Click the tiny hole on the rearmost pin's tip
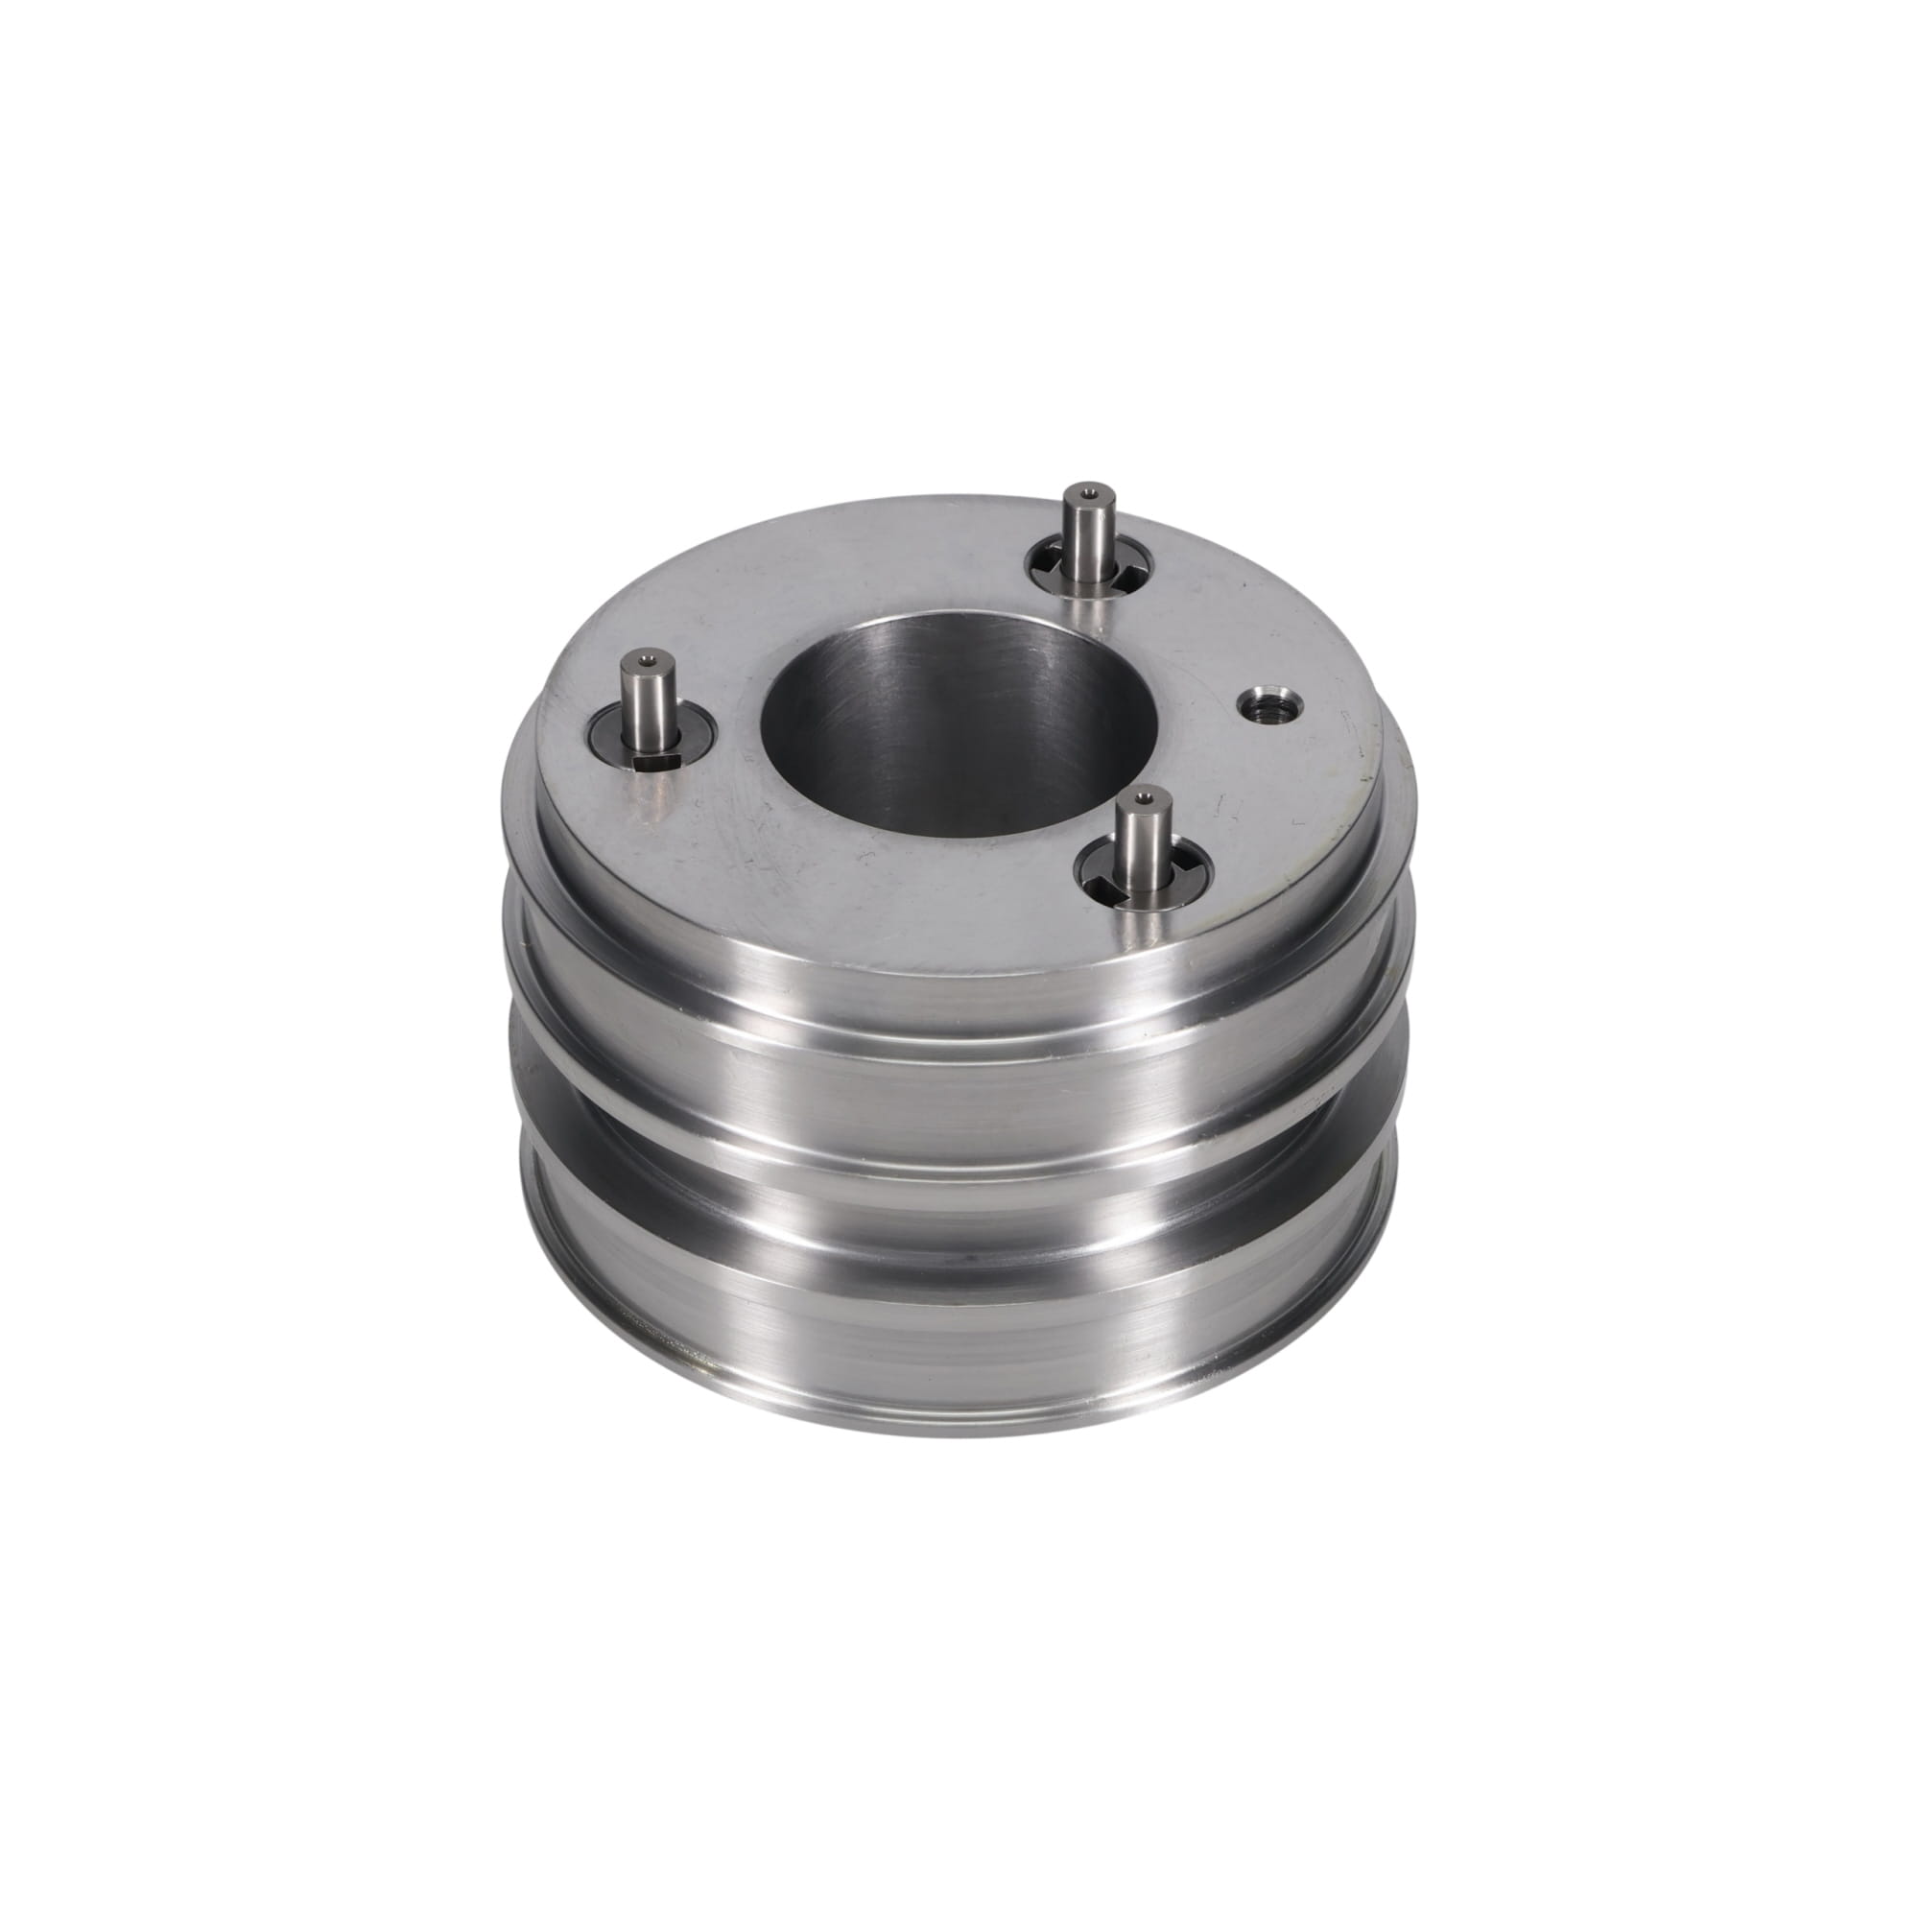click(x=1089, y=490)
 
